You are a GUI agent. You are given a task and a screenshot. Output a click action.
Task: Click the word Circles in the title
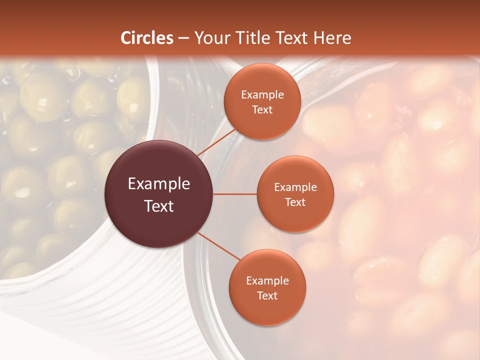pos(147,38)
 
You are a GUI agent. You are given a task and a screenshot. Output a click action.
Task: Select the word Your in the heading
pos(209,38)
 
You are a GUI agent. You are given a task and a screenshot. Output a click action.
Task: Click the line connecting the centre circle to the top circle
pos(216,142)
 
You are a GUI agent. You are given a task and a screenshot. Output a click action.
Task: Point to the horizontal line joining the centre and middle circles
pos(235,194)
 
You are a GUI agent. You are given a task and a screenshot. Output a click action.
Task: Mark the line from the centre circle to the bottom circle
pos(219,246)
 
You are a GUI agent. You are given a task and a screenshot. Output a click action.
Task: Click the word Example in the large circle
pos(159,184)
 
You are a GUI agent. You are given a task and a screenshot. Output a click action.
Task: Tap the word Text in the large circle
pos(159,206)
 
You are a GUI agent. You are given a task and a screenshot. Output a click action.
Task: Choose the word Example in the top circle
pos(262,94)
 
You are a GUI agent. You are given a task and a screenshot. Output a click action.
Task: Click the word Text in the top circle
pos(262,109)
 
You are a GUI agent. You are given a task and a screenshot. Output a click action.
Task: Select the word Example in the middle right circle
pos(295,187)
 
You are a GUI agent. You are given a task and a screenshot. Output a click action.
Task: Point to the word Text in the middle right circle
pos(295,202)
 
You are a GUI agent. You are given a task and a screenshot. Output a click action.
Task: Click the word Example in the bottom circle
pos(267,280)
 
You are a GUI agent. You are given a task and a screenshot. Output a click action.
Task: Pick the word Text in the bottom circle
pos(267,295)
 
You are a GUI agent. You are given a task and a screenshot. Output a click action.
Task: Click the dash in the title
pos(183,38)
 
